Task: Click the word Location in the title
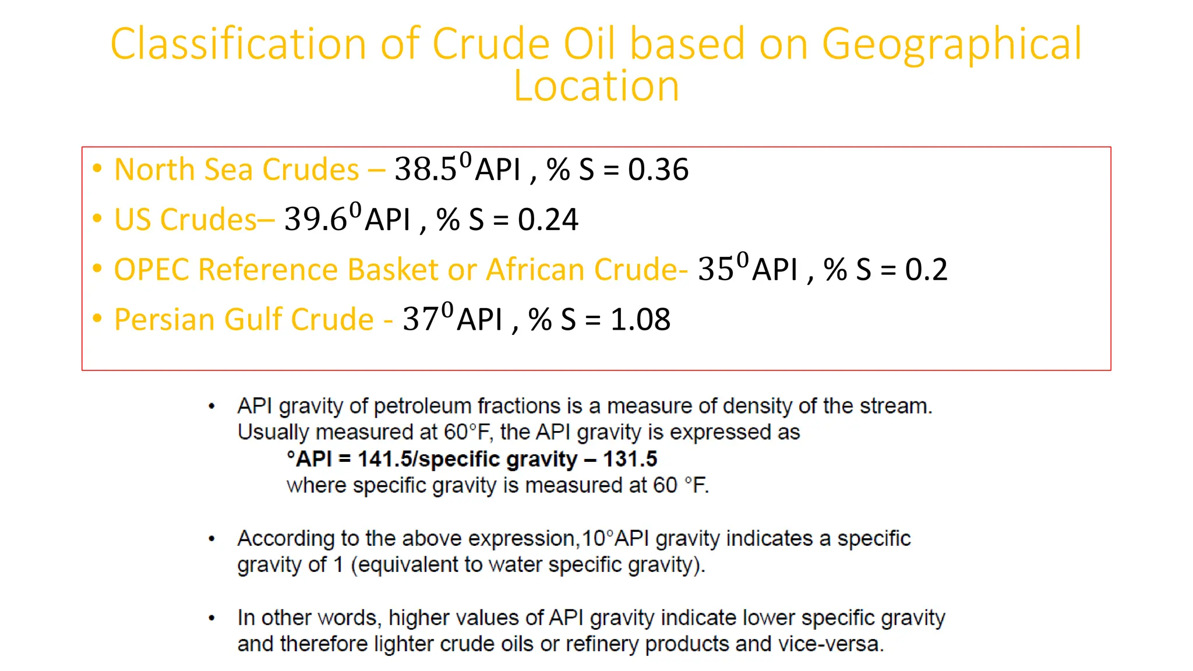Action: [x=596, y=86]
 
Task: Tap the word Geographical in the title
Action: [x=952, y=44]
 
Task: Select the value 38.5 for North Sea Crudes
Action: [x=425, y=169]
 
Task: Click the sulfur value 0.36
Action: [x=658, y=169]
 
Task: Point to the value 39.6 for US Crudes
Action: [x=315, y=220]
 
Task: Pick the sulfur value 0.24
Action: [x=548, y=220]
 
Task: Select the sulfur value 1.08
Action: [x=640, y=320]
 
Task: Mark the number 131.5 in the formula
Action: [x=630, y=459]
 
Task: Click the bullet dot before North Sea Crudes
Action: [x=97, y=168]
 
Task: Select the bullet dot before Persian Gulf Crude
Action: [x=97, y=319]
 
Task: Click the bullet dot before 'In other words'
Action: [x=212, y=618]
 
